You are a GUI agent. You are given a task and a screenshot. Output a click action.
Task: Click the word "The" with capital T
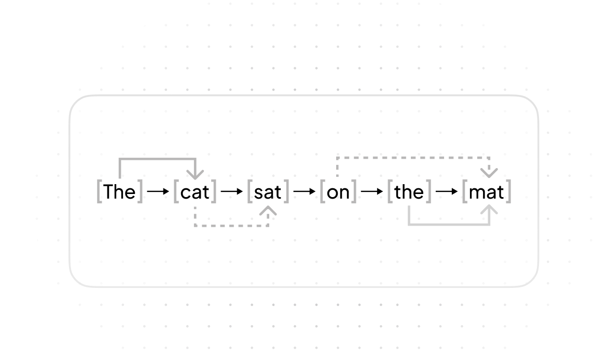pos(119,192)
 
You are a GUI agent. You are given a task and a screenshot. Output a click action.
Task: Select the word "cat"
pos(195,192)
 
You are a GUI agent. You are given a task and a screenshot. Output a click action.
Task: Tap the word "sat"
pos(268,192)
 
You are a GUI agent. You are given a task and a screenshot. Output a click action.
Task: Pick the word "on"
pos(338,192)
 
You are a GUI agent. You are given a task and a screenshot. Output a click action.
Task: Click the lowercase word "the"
pos(409,192)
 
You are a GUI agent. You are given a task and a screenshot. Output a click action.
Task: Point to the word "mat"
pos(486,192)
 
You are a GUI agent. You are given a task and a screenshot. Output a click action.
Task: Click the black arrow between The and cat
pos(158,191)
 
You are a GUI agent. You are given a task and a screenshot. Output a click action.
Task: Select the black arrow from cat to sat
pos(232,191)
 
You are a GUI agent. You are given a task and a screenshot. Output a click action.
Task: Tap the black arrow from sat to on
pos(305,191)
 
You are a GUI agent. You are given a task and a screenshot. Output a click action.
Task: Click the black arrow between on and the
pos(372,191)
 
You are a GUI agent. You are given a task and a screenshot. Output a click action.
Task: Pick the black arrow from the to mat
pos(447,191)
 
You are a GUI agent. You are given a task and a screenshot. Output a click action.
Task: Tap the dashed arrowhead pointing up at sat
pos(268,211)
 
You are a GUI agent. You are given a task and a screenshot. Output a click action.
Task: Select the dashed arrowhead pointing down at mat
pos(489,172)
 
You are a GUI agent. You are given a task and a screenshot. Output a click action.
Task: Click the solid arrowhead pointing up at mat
pos(489,211)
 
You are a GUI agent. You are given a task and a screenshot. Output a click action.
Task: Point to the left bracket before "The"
pos(100,191)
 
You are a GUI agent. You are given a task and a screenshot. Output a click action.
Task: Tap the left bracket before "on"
pos(323,191)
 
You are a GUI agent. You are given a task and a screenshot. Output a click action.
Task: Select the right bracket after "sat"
pos(286,191)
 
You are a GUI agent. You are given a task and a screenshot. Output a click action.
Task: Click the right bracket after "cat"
pos(214,191)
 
